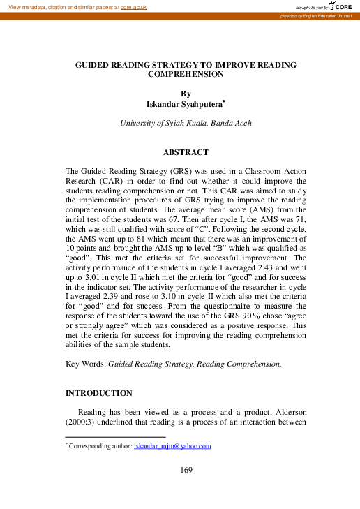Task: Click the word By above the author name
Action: tap(185, 93)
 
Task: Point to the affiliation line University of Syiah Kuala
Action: tap(186, 123)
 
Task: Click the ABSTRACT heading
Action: tap(185, 152)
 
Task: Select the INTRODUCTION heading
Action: tap(98, 393)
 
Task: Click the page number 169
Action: tap(186, 470)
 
